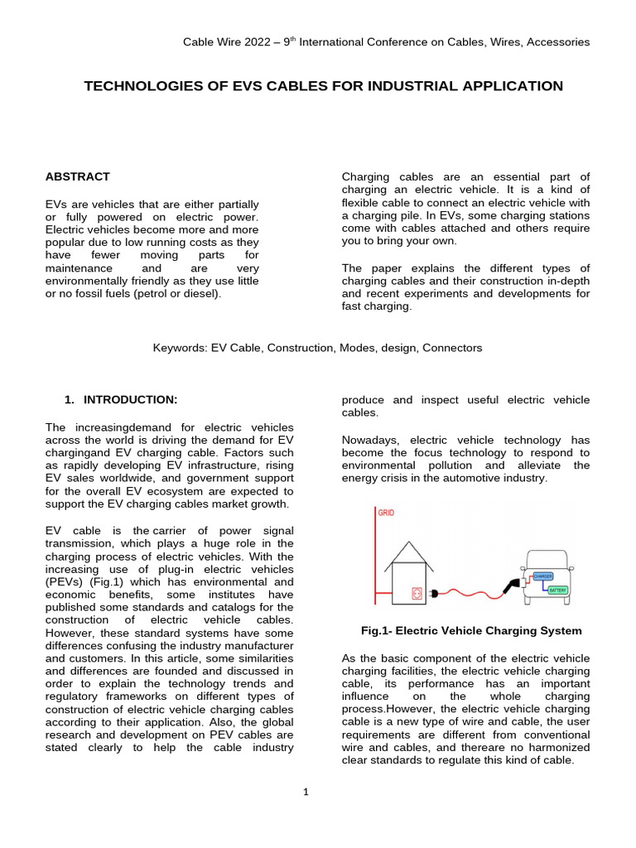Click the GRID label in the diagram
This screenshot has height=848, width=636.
[386, 513]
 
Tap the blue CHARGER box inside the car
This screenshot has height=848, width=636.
[543, 575]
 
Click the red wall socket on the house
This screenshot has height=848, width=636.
[417, 592]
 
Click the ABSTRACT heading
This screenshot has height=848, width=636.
[77, 176]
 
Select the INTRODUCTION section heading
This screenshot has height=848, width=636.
[130, 400]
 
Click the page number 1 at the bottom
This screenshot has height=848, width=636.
[306, 792]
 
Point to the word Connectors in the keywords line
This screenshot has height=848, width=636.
[452, 348]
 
